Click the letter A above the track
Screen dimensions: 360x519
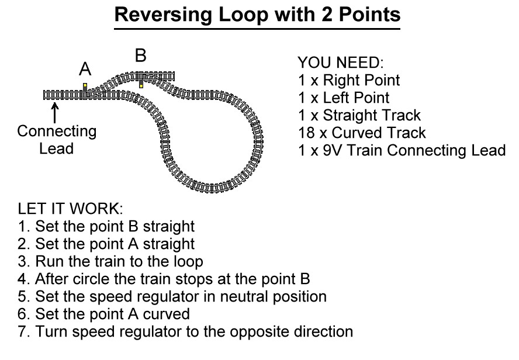click(85, 70)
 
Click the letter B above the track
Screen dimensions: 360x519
click(140, 56)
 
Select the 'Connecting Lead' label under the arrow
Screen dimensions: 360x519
click(56, 140)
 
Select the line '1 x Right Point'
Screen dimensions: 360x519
click(349, 80)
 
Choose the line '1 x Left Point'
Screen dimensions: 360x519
click(344, 98)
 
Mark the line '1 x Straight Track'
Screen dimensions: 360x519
click(359, 115)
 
